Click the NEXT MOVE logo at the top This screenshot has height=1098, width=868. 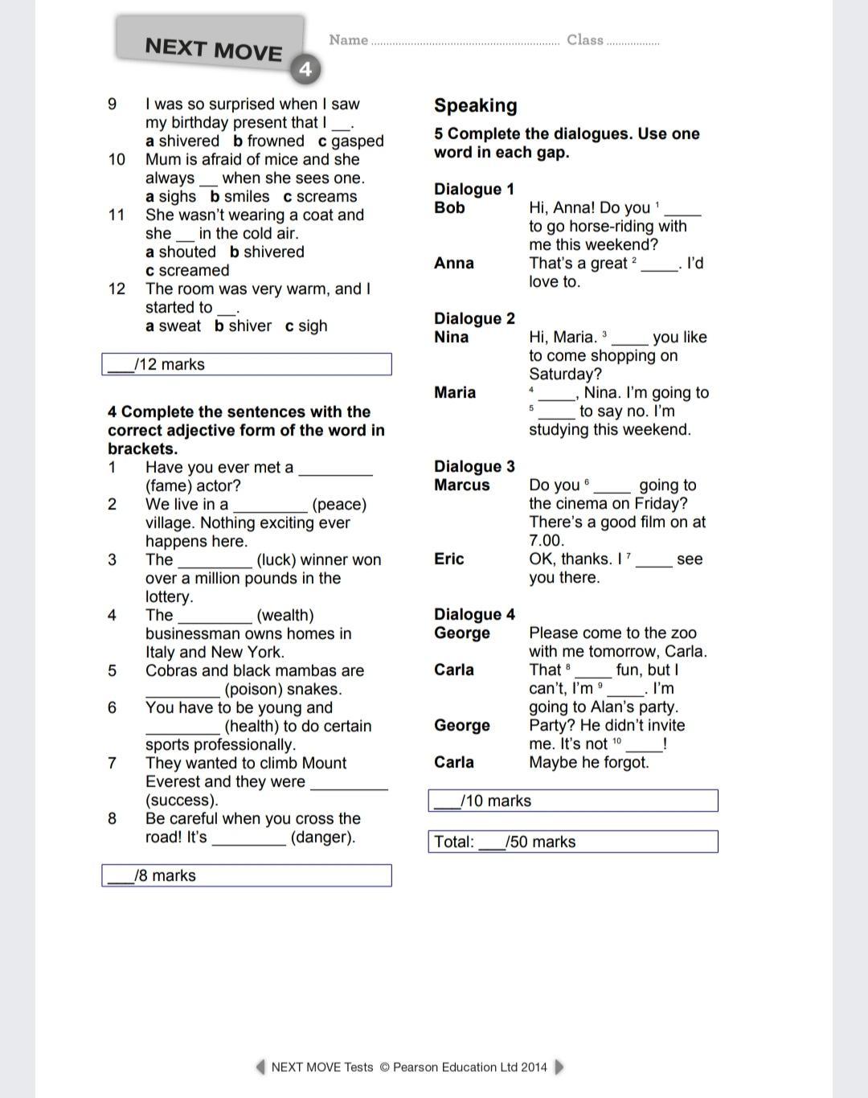(x=213, y=49)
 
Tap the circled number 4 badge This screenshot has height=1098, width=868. (x=305, y=69)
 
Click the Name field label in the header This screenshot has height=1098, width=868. (x=348, y=40)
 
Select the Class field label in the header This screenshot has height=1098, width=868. (x=585, y=40)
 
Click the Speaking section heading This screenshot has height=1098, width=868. (x=476, y=105)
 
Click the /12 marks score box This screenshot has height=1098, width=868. (x=247, y=364)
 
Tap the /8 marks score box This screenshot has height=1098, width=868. (x=247, y=875)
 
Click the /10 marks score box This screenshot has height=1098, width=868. (x=572, y=801)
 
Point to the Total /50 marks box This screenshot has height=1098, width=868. (x=572, y=842)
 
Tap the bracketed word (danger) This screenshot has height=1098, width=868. (x=322, y=838)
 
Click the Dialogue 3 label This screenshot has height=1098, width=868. (x=474, y=467)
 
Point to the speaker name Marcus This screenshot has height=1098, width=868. (x=461, y=485)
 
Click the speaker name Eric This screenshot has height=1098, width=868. (x=448, y=559)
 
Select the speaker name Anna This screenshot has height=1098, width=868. (x=453, y=264)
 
